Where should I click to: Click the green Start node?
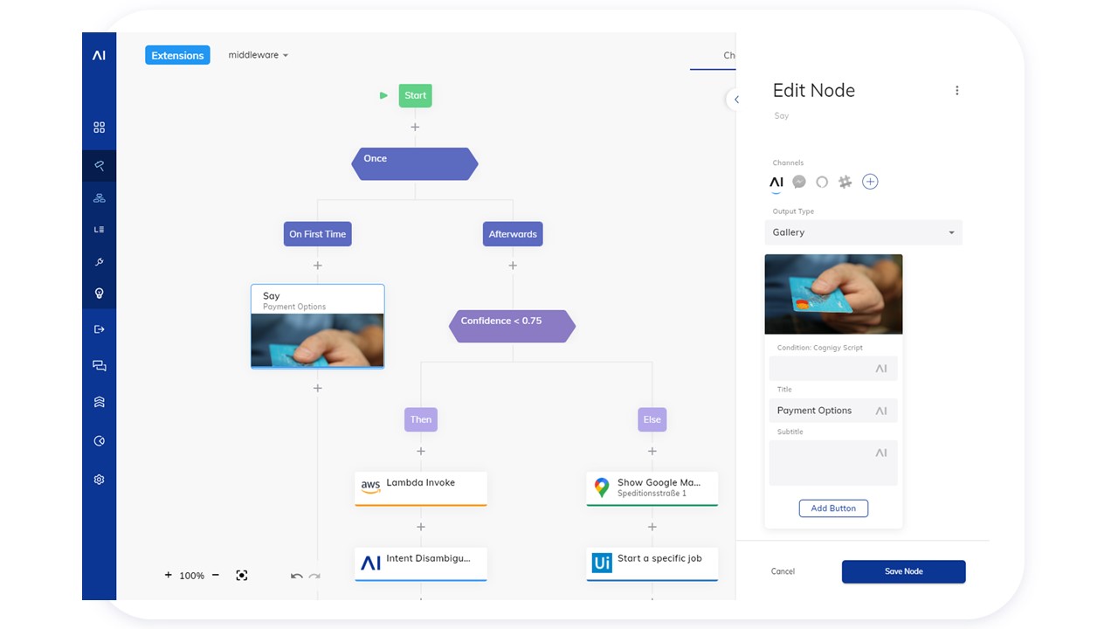415,95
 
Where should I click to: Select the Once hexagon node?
414,163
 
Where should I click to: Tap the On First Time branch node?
317,233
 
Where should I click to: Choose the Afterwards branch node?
513,233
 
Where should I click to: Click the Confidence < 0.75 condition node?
512,326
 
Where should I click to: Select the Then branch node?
421,419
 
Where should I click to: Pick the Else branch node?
652,419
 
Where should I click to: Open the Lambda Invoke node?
421,488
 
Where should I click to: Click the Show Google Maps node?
652,488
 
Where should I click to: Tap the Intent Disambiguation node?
421,564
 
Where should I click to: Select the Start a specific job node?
652,564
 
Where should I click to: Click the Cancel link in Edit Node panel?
783,571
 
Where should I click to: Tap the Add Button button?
833,508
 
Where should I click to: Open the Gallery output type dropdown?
864,232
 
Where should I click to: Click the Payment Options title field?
833,411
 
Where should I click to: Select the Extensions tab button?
177,55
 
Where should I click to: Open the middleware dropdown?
258,55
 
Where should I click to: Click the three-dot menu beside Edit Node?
956,90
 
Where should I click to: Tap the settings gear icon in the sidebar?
99,480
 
